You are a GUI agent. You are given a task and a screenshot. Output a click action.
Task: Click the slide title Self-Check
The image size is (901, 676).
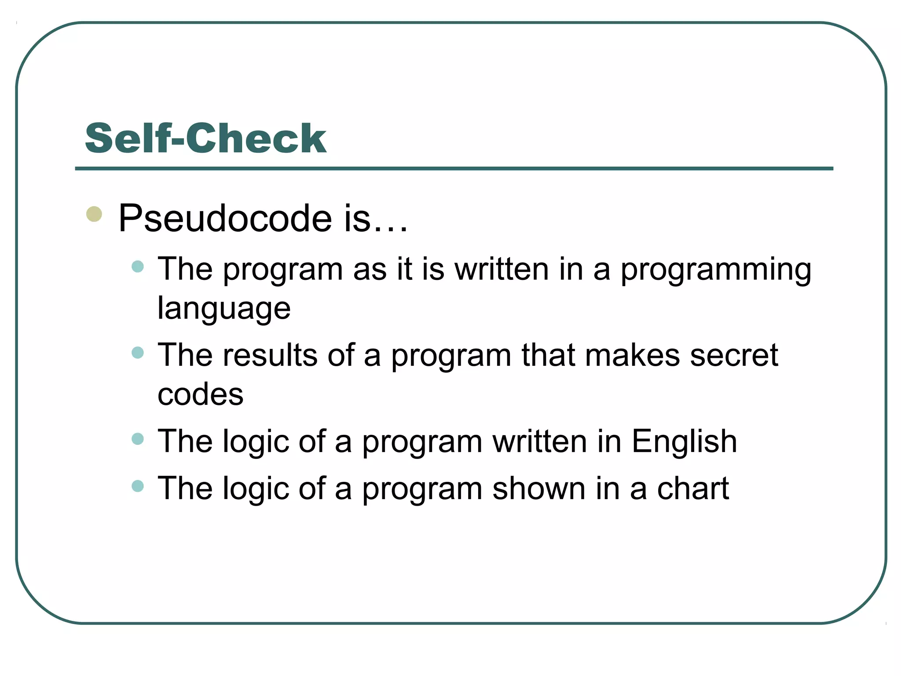tap(205, 139)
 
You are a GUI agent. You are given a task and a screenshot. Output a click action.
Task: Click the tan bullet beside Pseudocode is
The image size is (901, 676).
tap(94, 214)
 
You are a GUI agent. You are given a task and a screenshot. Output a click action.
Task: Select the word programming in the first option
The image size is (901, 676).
tap(716, 270)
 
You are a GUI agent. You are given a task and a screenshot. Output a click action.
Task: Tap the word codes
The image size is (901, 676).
tap(200, 394)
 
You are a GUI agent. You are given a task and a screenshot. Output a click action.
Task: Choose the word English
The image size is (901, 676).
tap(684, 441)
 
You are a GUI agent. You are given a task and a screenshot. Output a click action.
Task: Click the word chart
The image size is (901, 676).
tap(692, 489)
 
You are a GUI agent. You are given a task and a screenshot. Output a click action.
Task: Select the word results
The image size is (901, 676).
tap(270, 355)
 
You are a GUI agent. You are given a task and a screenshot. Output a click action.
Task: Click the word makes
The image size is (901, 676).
tap(632, 355)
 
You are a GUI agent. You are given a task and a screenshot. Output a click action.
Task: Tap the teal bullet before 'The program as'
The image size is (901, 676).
tap(138, 267)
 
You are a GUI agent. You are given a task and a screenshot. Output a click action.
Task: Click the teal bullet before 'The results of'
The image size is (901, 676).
tap(138, 353)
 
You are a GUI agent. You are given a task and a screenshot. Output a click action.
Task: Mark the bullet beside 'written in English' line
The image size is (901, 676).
tap(138, 439)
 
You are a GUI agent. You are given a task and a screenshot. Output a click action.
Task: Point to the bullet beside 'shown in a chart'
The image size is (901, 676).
tap(138, 486)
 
